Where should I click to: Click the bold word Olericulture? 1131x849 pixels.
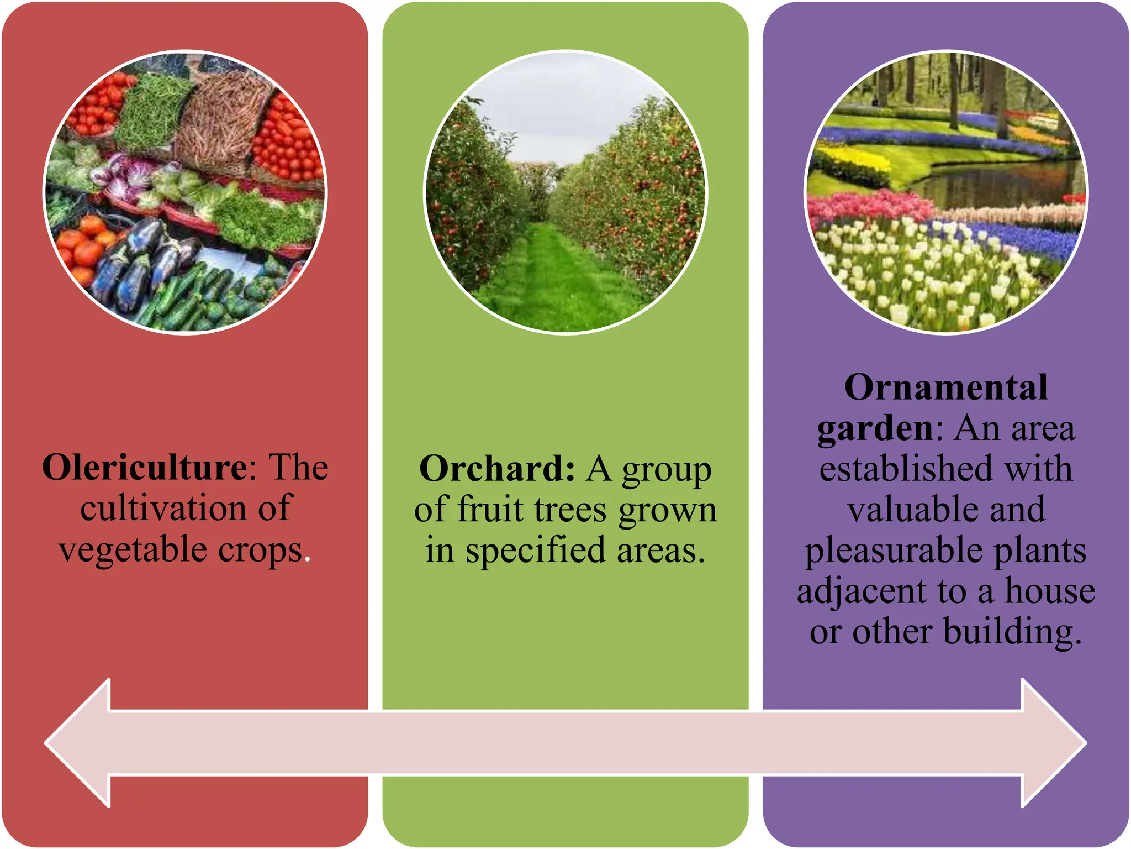[x=145, y=468]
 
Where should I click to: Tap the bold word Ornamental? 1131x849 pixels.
[x=945, y=387]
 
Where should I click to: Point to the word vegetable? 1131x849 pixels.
[x=133, y=551]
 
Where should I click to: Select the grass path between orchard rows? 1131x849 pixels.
[x=552, y=276]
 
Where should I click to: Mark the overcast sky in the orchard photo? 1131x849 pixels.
[x=563, y=111]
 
